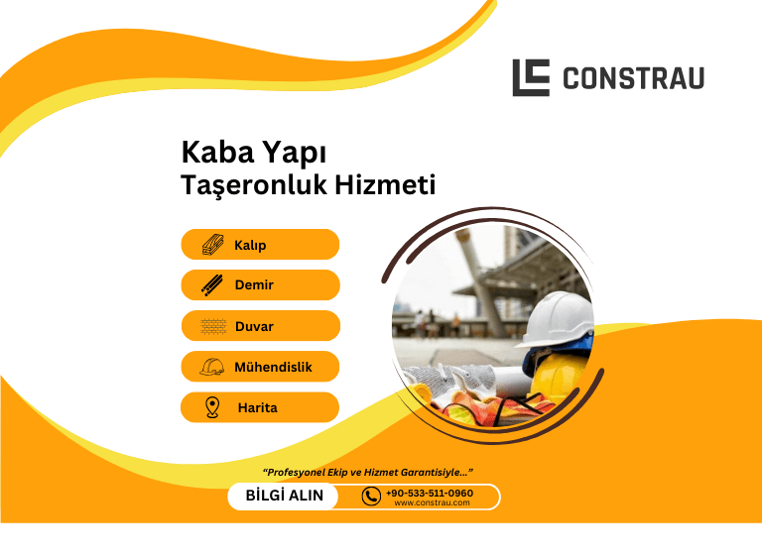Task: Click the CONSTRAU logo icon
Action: pyautogui.click(x=531, y=77)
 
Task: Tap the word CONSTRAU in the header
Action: pyautogui.click(x=633, y=78)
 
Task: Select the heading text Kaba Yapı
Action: pyautogui.click(x=254, y=153)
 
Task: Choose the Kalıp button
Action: pyautogui.click(x=260, y=245)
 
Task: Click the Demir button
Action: pyautogui.click(x=260, y=285)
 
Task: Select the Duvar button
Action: pyautogui.click(x=260, y=326)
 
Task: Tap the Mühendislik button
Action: pyautogui.click(x=260, y=367)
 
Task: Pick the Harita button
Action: pyautogui.click(x=260, y=407)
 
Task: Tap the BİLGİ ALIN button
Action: pyautogui.click(x=284, y=496)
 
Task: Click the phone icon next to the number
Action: pyautogui.click(x=371, y=497)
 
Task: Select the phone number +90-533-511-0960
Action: pyautogui.click(x=430, y=493)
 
